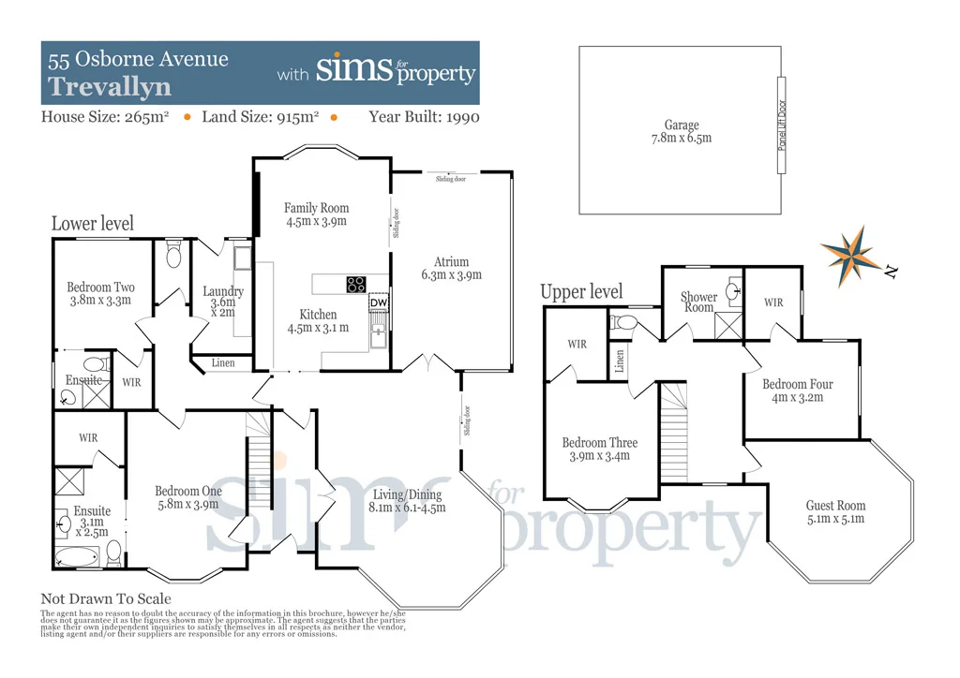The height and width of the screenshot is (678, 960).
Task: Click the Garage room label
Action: (x=682, y=125)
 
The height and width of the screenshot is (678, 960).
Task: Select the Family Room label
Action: (x=317, y=208)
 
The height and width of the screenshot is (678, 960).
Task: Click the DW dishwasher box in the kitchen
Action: (x=379, y=302)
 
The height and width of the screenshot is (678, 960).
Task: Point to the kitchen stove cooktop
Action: (x=356, y=285)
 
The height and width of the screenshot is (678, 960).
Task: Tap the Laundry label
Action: (x=223, y=291)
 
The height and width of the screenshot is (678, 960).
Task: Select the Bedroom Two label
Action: (x=100, y=287)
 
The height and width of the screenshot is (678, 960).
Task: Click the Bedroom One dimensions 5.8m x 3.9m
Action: (x=187, y=504)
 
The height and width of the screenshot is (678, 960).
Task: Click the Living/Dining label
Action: (x=407, y=494)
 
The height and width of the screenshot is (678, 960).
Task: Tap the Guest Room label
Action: (x=835, y=506)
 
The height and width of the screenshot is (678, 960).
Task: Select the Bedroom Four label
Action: (x=797, y=384)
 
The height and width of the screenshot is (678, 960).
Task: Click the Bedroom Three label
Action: (x=599, y=443)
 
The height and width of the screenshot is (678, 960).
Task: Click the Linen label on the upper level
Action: (x=620, y=361)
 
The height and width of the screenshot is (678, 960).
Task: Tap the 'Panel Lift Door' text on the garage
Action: (x=782, y=125)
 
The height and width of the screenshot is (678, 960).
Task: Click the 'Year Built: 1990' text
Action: (x=424, y=117)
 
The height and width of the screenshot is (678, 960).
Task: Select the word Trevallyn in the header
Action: (x=110, y=87)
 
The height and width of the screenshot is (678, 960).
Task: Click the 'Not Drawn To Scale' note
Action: (x=106, y=598)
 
